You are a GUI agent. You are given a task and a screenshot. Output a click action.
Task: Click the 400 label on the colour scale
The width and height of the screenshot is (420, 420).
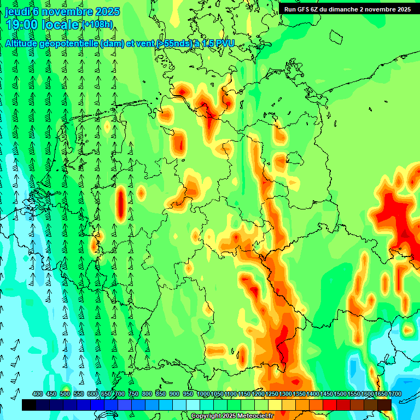coord(38,394)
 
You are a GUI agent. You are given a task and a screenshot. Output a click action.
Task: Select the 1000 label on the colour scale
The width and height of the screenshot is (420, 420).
coord(203,394)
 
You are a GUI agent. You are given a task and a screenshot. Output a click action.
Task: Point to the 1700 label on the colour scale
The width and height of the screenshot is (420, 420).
coord(394,394)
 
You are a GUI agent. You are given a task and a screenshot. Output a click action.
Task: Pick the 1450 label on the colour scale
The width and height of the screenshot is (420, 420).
coord(326,394)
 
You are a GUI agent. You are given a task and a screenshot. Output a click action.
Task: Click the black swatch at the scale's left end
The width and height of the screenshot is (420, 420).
coord(29,405)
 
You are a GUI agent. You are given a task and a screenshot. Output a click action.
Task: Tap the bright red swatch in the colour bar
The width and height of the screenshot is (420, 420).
coord(330,405)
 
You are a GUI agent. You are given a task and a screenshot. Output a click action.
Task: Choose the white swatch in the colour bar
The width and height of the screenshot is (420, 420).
coord(192,405)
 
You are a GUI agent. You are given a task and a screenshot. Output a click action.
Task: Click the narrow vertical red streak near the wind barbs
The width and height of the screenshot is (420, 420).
coord(121,205)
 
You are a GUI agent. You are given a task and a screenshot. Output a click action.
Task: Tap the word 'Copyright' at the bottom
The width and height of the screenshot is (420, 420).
coord(206,416)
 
